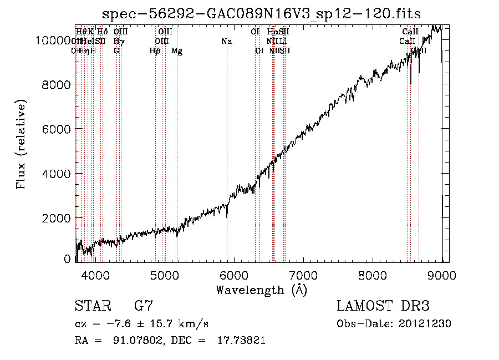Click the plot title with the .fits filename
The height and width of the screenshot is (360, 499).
tap(262, 14)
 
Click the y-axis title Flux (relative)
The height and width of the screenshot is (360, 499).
tap(22, 145)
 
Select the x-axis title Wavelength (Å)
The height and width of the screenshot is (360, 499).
tap(261, 290)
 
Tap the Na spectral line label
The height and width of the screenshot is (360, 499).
tap(226, 41)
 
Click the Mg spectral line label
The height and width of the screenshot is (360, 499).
tap(177, 51)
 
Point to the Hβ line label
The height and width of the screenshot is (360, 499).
tap(155, 51)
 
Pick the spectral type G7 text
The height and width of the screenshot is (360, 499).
tap(144, 306)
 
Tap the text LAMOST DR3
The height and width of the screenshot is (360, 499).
tap(383, 306)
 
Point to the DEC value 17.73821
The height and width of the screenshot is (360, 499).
tap(242, 341)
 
